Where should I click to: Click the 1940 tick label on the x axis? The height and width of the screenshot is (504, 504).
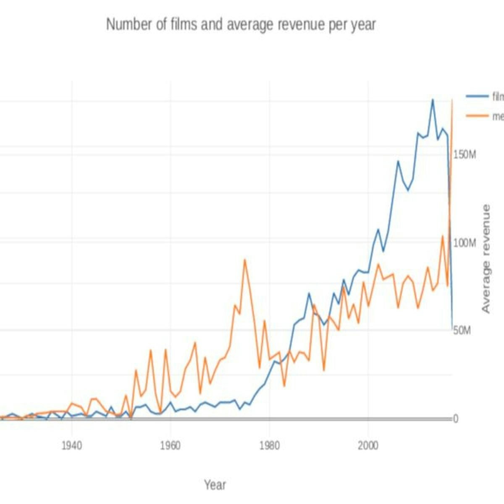point(72,446)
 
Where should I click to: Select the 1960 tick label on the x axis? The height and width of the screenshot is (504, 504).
point(171,446)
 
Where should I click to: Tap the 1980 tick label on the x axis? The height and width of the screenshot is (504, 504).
point(269,446)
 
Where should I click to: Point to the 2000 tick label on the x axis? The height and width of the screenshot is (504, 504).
point(368,446)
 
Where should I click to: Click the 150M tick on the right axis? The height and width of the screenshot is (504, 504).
point(465,155)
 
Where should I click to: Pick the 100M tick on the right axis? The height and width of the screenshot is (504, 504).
point(465,244)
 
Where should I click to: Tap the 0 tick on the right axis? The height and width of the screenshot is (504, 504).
point(455,419)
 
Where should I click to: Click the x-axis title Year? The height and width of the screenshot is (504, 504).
point(215,485)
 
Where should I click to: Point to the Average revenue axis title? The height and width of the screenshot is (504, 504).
point(486,259)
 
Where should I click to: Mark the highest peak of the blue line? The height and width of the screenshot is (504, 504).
point(432,100)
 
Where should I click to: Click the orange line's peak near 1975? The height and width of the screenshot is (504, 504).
point(244,260)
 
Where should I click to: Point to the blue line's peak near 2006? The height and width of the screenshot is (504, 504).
point(398,161)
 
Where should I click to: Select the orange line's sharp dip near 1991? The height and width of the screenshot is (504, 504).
point(324,370)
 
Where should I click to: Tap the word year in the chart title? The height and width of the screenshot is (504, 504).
point(363,24)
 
